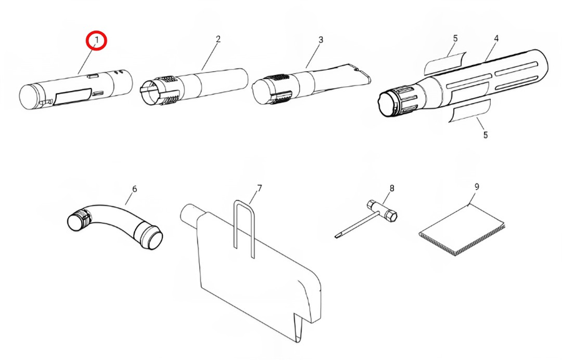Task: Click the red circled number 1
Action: (x=96, y=41)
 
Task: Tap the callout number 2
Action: (x=218, y=39)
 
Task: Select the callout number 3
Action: (x=321, y=40)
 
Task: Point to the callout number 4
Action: (x=496, y=38)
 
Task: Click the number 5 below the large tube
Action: (x=485, y=135)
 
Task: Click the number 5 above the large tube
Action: (x=455, y=38)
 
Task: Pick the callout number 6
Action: (x=134, y=189)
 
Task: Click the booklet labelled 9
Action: (x=462, y=230)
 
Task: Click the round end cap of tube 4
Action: (x=387, y=105)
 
